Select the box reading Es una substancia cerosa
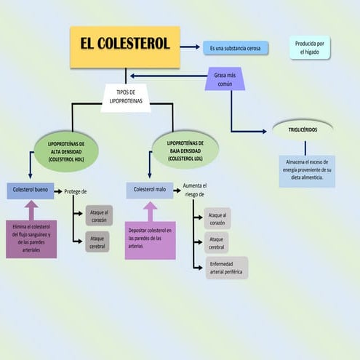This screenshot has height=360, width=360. (x=235, y=48)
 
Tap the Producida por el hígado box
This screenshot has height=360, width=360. (x=310, y=48)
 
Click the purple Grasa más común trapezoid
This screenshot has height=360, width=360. (x=225, y=79)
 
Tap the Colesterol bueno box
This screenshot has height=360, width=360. (x=31, y=191)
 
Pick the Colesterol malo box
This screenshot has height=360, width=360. (x=150, y=191)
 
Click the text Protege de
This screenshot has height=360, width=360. (x=76, y=191)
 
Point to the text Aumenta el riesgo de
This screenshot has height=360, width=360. (x=194, y=190)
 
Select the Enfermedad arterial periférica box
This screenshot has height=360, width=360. (x=225, y=268)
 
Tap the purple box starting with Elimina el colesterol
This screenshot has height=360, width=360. (x=31, y=239)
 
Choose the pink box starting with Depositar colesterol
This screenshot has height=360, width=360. (x=150, y=239)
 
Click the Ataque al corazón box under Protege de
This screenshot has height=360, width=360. (x=98, y=215)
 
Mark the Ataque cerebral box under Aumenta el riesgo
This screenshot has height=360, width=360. (x=217, y=241)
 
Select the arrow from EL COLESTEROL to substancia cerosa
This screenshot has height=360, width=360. (x=191, y=47)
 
